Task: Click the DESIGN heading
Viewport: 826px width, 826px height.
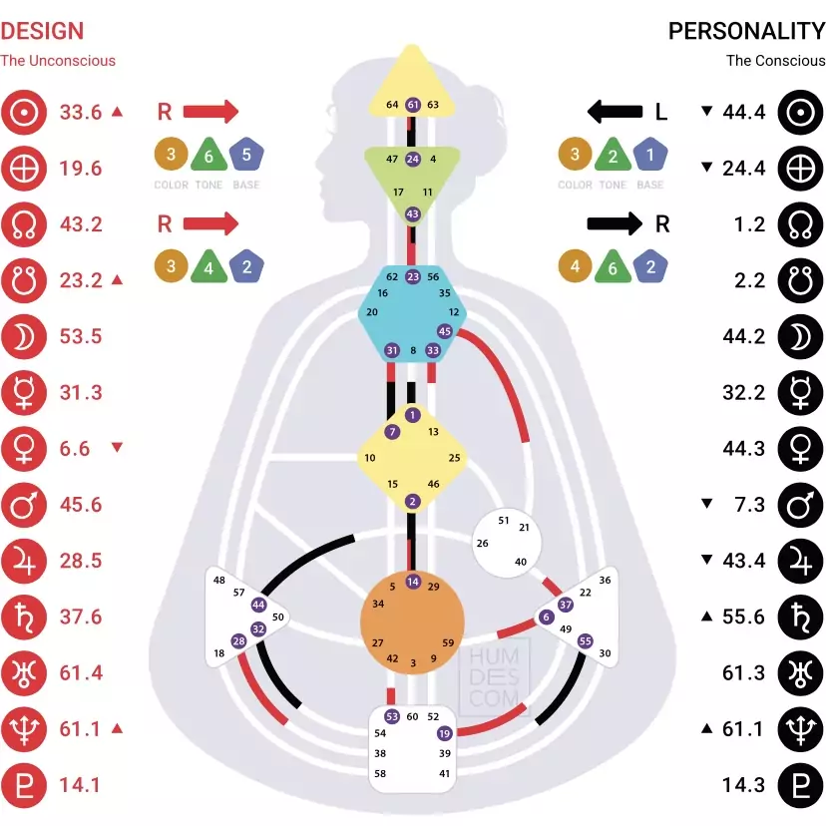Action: pyautogui.click(x=42, y=31)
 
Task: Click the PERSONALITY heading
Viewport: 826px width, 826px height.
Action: pyautogui.click(x=746, y=31)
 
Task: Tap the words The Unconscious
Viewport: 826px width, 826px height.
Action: pyautogui.click(x=58, y=60)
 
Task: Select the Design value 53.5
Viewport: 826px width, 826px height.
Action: pyautogui.click(x=81, y=336)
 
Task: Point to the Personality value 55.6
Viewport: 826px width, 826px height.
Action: pyautogui.click(x=744, y=617)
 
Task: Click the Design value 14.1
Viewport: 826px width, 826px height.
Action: pyautogui.click(x=81, y=784)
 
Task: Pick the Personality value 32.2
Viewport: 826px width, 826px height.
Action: pyautogui.click(x=744, y=392)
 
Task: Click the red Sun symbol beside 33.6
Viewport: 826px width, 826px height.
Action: pyautogui.click(x=22, y=112)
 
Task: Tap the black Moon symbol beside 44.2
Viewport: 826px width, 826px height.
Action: pyautogui.click(x=800, y=336)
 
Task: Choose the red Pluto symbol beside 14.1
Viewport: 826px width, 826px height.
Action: pyautogui.click(x=22, y=784)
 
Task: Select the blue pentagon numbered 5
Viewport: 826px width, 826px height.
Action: pyautogui.click(x=246, y=156)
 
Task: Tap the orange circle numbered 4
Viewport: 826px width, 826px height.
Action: pyautogui.click(x=576, y=267)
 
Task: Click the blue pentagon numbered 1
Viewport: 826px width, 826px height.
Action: pyautogui.click(x=650, y=156)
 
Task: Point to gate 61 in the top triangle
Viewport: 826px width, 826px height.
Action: pyautogui.click(x=413, y=105)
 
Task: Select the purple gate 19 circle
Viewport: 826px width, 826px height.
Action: pyautogui.click(x=444, y=733)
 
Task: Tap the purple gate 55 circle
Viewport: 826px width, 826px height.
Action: pyautogui.click(x=586, y=641)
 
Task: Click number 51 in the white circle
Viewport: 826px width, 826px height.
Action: pyautogui.click(x=504, y=521)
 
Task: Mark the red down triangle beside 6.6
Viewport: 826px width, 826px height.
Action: pyautogui.click(x=117, y=448)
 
